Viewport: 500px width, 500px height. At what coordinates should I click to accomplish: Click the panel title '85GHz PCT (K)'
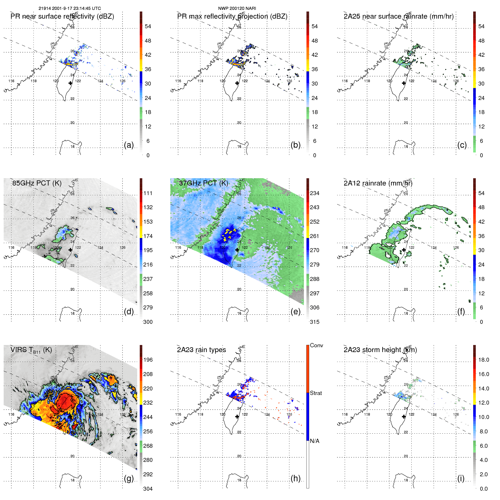37,183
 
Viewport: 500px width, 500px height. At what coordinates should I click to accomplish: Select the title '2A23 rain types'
201,350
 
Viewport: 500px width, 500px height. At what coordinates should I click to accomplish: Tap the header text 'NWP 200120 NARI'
237,8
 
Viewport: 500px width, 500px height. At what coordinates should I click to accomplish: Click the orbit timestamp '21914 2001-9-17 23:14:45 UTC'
69,8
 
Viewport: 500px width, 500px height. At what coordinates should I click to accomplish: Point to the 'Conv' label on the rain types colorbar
316,346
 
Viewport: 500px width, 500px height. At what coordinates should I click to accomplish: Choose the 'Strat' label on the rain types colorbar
316,393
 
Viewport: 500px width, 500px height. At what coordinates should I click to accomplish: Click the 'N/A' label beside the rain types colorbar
315,441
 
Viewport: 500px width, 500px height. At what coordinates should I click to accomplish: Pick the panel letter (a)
129,145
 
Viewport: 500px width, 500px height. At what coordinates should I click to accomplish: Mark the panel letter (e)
295,312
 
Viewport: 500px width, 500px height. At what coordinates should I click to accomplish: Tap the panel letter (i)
461,479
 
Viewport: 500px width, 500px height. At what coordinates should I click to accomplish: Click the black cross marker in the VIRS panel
70,416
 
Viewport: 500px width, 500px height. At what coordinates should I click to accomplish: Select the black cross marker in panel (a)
70,83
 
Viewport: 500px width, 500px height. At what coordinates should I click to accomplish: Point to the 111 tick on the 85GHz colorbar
148,193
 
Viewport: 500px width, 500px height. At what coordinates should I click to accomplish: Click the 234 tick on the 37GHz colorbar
315,193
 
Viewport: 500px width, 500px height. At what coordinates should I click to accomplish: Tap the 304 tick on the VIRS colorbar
148,489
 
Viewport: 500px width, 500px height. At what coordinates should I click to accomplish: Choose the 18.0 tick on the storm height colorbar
484,360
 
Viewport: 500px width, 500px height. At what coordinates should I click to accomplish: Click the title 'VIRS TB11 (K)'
31,350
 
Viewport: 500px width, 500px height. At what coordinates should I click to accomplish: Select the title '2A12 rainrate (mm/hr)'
378,183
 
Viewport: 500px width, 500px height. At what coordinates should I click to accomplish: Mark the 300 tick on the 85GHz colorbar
148,322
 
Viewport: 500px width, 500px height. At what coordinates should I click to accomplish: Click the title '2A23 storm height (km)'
380,350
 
